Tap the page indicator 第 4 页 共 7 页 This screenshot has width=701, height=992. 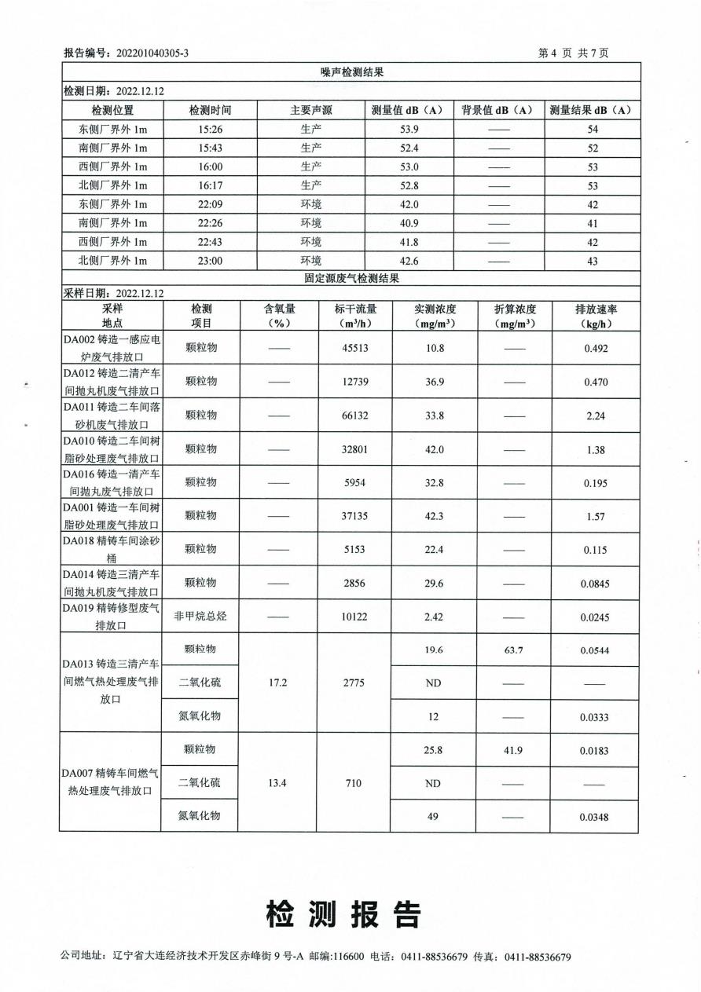[x=573, y=53]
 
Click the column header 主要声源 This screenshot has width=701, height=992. [x=311, y=111]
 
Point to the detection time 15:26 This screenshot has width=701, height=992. [x=211, y=130]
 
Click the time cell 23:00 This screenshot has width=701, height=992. [x=211, y=261]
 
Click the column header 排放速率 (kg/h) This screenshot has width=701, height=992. [x=595, y=317]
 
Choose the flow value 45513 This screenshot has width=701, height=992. [x=354, y=348]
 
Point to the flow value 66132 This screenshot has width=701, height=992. [x=354, y=415]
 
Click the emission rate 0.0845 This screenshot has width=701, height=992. [x=595, y=583]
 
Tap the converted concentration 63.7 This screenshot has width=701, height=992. [x=512, y=650]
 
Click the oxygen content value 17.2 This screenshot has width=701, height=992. [x=277, y=683]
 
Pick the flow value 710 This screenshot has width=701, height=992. [x=354, y=783]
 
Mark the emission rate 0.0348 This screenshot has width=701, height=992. [x=595, y=818]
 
